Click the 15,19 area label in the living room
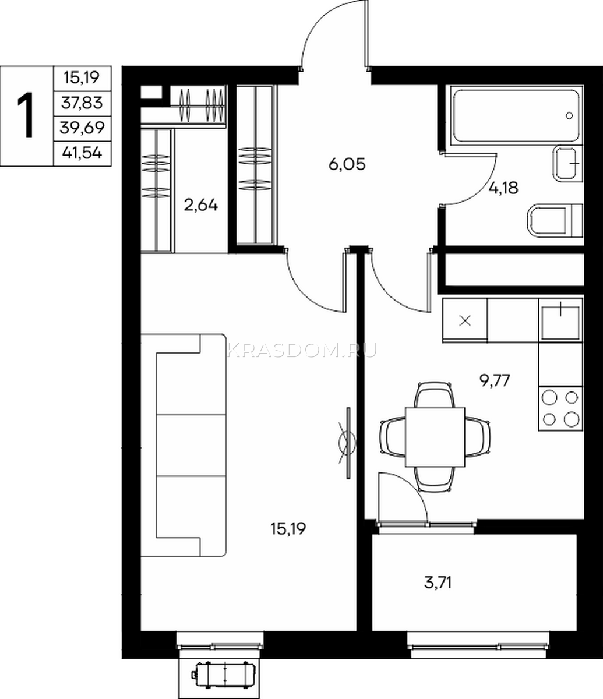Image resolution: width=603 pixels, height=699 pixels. (288, 529)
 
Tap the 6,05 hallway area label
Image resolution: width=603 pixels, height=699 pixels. (347, 165)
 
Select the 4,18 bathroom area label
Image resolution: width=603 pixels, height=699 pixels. (503, 188)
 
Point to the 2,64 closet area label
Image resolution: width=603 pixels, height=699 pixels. (200, 205)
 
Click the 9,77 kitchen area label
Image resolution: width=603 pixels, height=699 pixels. (495, 381)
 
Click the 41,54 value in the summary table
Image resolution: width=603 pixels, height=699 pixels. (82, 154)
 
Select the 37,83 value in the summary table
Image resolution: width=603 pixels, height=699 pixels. (82, 103)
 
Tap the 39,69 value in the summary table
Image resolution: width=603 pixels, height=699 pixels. (82, 128)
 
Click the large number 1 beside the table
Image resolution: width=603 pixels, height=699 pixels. (26, 116)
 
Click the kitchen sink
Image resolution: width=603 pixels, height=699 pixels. (560, 320)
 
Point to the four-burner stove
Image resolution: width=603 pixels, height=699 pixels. (560, 408)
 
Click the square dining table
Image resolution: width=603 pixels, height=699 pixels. (435, 437)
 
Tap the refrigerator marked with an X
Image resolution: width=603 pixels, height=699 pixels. (465, 320)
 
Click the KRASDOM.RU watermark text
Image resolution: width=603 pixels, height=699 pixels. (302, 350)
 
